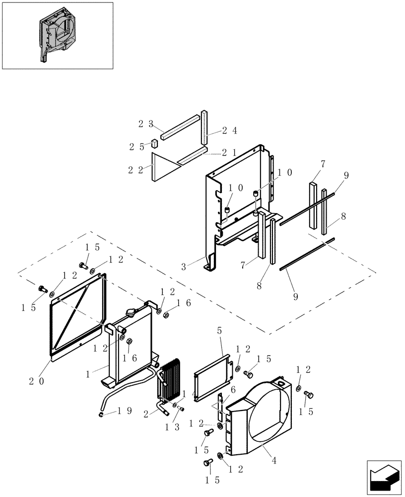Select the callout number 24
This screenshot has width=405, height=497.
(x=229, y=131)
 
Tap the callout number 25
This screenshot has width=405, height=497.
(x=136, y=147)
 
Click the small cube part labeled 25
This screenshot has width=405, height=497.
(x=155, y=143)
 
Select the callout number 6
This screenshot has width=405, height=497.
(x=232, y=391)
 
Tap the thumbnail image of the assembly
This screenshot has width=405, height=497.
(x=57, y=35)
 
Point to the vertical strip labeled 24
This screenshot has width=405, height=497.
(x=204, y=128)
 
